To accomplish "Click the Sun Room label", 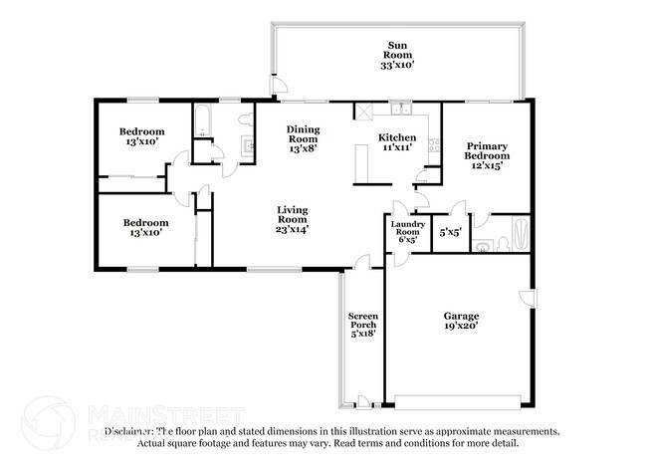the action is click(397, 50).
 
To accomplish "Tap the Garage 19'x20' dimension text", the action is click(461, 326).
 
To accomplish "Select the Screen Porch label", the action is click(362, 321).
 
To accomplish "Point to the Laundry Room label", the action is click(408, 228).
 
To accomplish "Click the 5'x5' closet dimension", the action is click(450, 232).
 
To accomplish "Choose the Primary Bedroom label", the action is click(487, 151).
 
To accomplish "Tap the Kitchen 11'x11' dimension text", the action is click(397, 147).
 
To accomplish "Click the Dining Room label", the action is click(304, 134).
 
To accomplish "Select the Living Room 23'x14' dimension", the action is click(293, 229).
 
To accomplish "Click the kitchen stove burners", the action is click(434, 144).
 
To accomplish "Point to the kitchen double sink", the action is click(401, 109).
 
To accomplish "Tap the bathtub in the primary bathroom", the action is click(521, 234).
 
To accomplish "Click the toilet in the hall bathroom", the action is click(246, 119).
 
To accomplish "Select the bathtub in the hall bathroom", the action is click(203, 119).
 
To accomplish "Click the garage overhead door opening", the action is click(458, 403).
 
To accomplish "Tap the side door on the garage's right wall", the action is click(529, 298).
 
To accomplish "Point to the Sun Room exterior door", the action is click(279, 85).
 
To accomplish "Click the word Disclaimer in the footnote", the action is click(127, 432).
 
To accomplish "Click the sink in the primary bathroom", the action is click(482, 246).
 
